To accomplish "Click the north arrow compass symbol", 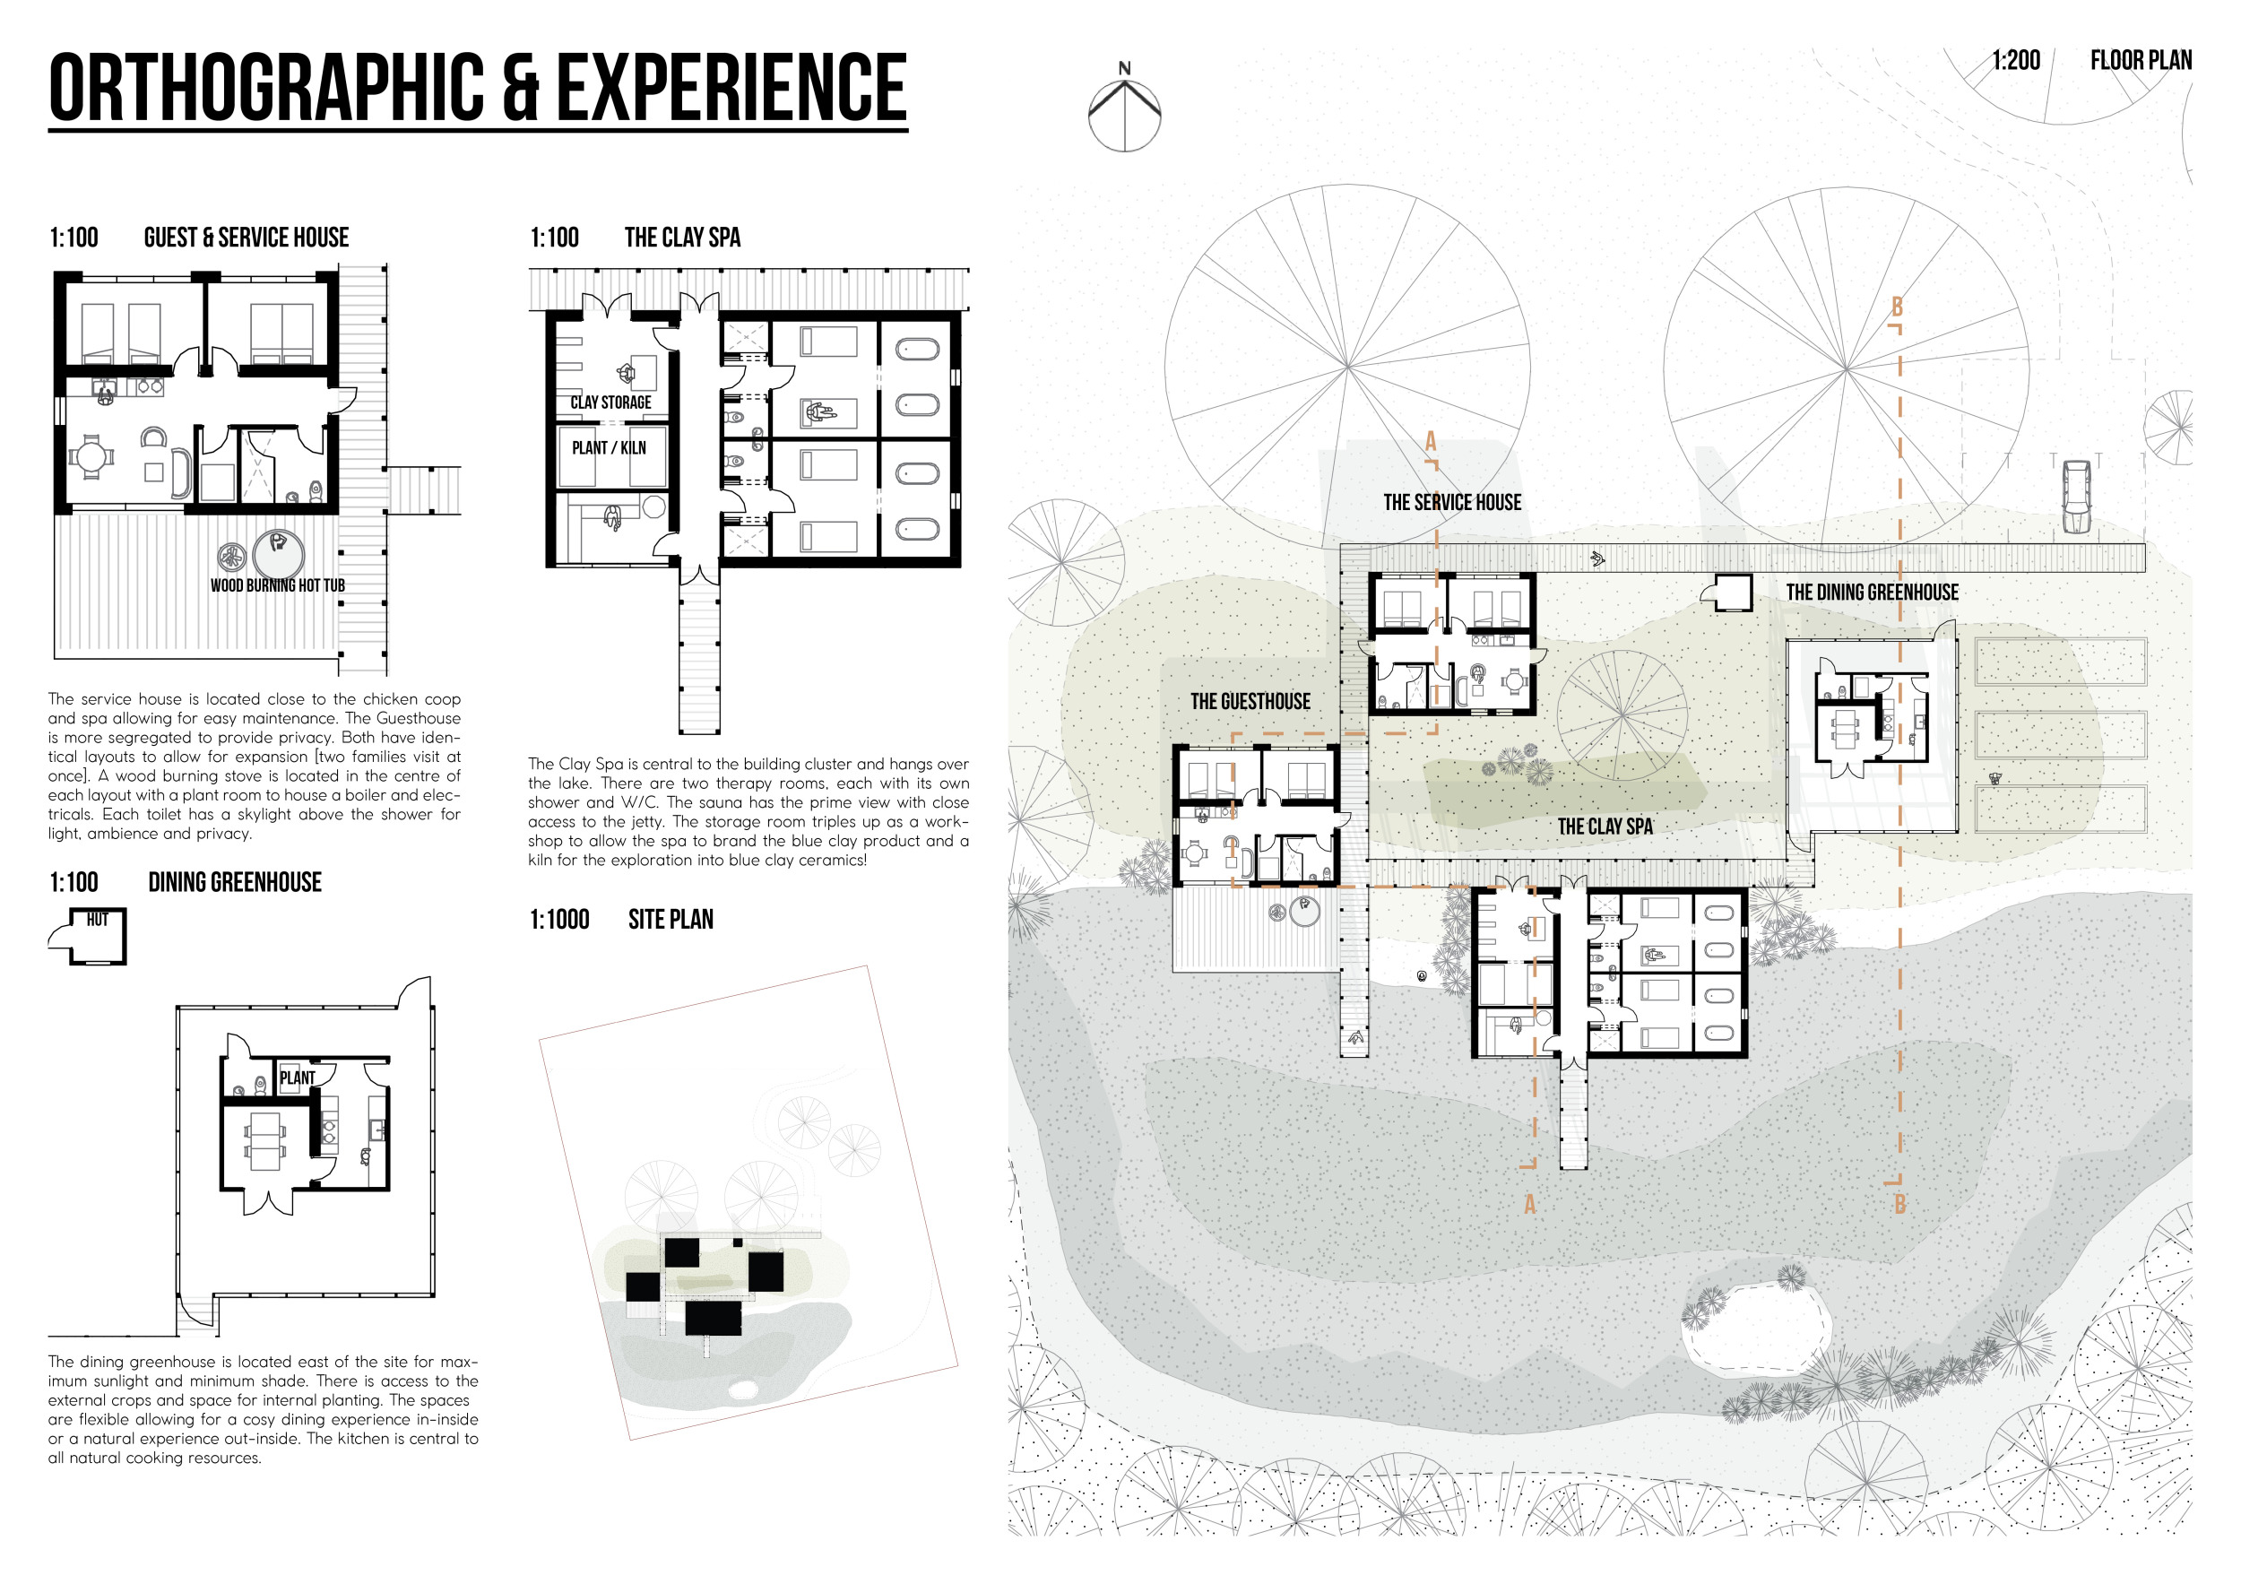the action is click(x=1124, y=109).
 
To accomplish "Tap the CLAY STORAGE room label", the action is click(x=611, y=402).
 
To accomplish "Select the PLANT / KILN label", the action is click(x=609, y=448).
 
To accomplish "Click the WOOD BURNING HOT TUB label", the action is click(x=278, y=585).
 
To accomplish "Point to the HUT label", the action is click(x=98, y=920).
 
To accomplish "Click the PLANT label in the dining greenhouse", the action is click(x=298, y=1078).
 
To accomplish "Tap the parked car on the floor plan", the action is click(x=2076, y=497).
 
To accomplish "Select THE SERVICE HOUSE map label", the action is click(x=1452, y=503).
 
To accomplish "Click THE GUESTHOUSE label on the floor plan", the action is click(x=1250, y=702).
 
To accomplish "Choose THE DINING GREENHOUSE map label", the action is click(x=1872, y=593).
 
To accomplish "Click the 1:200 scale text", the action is click(x=2017, y=61).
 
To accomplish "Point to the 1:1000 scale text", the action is click(x=559, y=920).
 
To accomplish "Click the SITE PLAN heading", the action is click(x=671, y=920).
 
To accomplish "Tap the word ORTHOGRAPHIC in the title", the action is click(x=266, y=88).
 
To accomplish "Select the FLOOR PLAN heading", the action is click(x=2141, y=61).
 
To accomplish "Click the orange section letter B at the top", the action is click(x=1898, y=307).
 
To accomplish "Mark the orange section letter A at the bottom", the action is click(x=1529, y=1204).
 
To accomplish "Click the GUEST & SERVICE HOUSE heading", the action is click(x=246, y=238).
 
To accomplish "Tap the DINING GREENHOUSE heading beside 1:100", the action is click(x=234, y=882).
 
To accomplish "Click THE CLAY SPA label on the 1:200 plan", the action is click(x=1605, y=827).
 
